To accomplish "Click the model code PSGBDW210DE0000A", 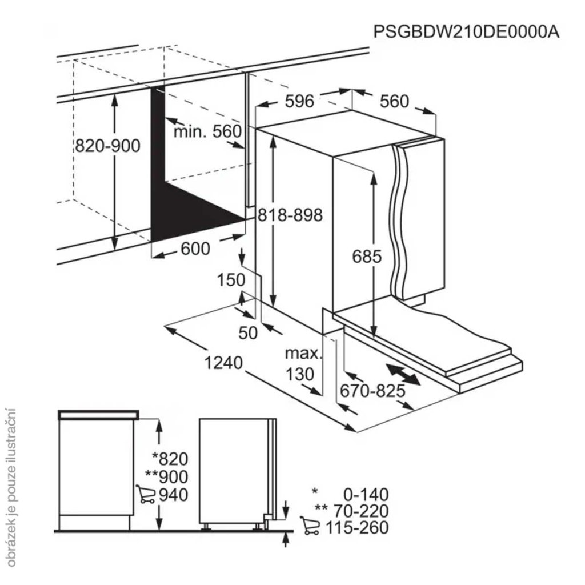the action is tap(466, 31).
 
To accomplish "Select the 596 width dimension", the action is tap(300, 101).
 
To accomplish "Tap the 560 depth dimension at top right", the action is tap(395, 101).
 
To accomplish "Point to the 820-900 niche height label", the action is tap(107, 146).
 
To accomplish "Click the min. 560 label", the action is tap(208, 132).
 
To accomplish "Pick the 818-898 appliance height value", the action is tap(290, 215).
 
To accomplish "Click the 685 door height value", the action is tap(366, 257).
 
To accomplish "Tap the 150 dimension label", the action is tap(231, 280).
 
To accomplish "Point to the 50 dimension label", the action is tap(249, 332).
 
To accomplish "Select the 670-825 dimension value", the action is tap(372, 391).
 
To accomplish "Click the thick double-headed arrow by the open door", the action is tap(404, 375).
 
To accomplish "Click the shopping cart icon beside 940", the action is tap(145, 494).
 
